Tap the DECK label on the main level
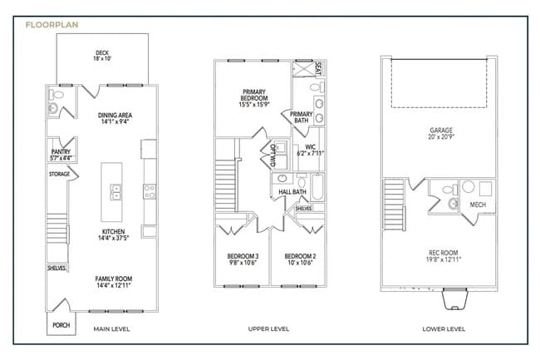[x=102, y=52]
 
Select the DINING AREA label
[x=115, y=116]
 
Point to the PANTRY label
[x=61, y=151]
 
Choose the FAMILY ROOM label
[x=113, y=279]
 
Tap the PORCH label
[x=61, y=325]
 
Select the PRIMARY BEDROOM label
[x=253, y=95]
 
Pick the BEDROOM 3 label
[x=243, y=255]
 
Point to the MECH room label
[x=478, y=205]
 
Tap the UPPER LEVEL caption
[x=269, y=329]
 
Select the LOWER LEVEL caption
[x=444, y=329]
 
